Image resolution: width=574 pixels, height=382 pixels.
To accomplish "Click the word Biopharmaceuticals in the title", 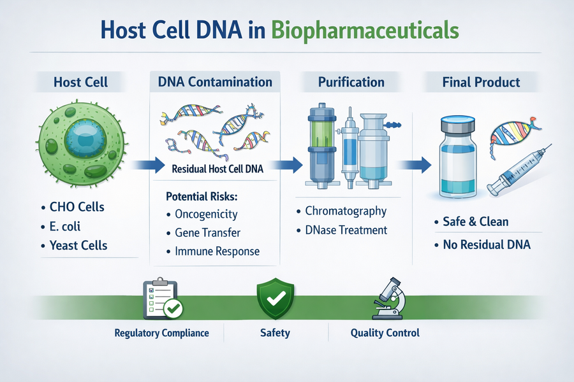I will coord(364,31).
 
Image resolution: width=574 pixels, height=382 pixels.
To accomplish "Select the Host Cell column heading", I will coord(80,82).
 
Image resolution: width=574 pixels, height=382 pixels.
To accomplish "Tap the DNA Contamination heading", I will coord(214,82).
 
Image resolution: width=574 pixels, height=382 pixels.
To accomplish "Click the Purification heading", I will coord(351,82).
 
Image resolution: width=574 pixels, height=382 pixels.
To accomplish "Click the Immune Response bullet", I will coord(217,251).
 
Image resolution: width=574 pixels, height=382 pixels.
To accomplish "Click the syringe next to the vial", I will coord(517,169).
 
